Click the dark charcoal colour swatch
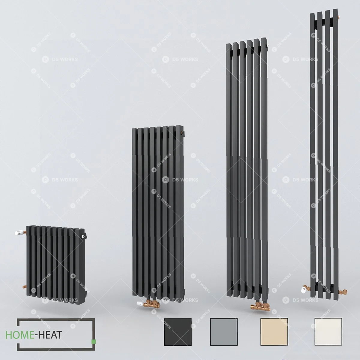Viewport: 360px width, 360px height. (178, 332)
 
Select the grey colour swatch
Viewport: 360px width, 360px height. (224, 332)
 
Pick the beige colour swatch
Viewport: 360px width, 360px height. (274, 332)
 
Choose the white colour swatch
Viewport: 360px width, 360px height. (328, 332)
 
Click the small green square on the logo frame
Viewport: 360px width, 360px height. (94, 342)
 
